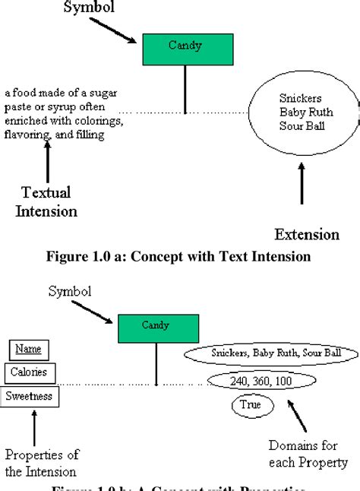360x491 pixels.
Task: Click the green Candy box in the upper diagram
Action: click(x=185, y=49)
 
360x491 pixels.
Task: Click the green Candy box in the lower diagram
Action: click(x=157, y=328)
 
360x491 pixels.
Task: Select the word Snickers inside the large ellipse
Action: click(x=300, y=99)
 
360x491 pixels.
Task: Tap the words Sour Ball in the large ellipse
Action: click(x=302, y=126)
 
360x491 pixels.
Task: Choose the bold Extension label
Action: click(x=306, y=233)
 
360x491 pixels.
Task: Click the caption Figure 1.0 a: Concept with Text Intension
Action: click(x=179, y=256)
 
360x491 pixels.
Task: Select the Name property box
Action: click(x=29, y=350)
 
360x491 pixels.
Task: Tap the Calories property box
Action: click(x=29, y=372)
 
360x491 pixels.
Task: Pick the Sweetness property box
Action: click(x=30, y=395)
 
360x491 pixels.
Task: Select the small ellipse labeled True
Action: click(x=250, y=406)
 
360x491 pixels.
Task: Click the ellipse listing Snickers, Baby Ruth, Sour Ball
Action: click(x=271, y=353)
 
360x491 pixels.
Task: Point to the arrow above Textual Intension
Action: click(x=48, y=162)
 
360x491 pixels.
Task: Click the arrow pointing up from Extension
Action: click(x=302, y=185)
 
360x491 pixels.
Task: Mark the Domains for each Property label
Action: click(x=308, y=454)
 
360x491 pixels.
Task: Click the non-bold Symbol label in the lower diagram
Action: click(x=71, y=291)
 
